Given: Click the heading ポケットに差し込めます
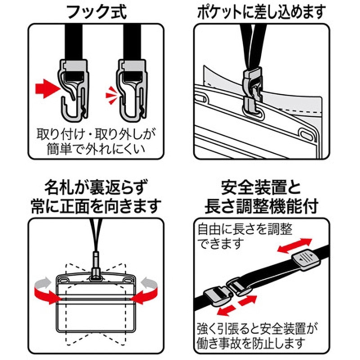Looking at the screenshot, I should (261, 12).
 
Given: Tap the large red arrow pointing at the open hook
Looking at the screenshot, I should (47, 88).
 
